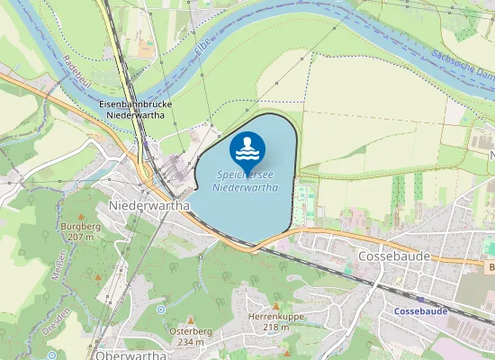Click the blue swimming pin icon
click(247, 147)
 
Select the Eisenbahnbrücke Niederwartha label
click(135, 110)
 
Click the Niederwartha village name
click(148, 205)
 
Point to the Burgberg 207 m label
click(81, 231)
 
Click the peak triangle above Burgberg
click(81, 217)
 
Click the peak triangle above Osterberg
click(190, 321)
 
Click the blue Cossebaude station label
click(420, 310)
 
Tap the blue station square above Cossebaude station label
click(419, 298)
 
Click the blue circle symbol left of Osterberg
click(161, 310)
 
